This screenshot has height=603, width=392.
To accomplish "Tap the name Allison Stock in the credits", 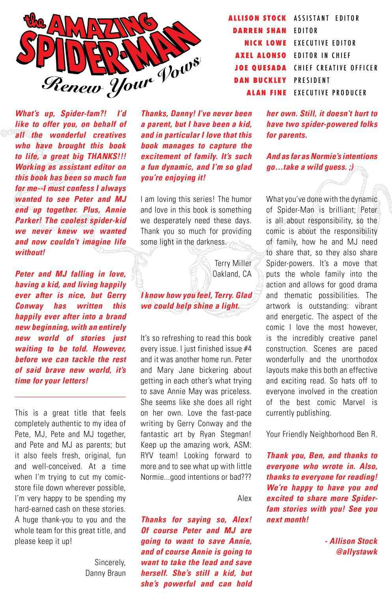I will click(x=258, y=18).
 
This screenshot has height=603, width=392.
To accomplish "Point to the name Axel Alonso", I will click(x=261, y=55).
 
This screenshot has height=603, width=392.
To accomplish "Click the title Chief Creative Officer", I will click(x=336, y=68).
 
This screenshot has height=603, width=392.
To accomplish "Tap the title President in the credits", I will click(x=312, y=80).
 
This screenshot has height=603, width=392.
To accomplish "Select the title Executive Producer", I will click(x=330, y=93).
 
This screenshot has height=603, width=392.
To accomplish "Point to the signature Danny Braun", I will click(x=105, y=573).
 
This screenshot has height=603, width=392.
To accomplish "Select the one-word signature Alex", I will click(x=245, y=498).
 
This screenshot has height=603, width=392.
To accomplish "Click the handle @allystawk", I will click(x=355, y=552).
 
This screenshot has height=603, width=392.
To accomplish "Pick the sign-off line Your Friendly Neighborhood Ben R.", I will click(x=321, y=434).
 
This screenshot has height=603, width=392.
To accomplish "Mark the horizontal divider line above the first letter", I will click(x=70, y=396).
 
